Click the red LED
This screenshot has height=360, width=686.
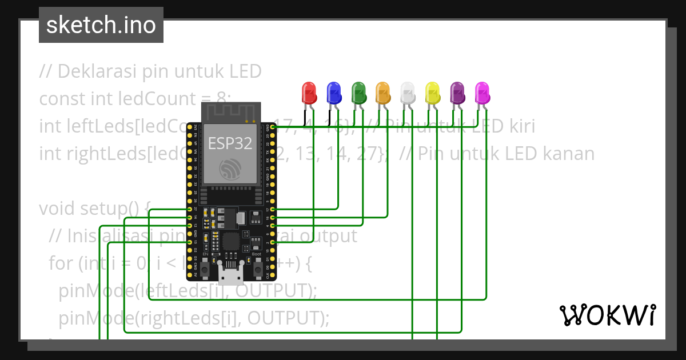309,91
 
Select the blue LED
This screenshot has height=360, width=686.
333,91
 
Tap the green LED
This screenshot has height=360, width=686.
358,91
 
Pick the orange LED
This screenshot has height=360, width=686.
382,91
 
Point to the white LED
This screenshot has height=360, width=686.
408,91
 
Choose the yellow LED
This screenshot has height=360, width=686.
432,91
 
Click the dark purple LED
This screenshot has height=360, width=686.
457,91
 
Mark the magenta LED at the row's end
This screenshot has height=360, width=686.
482,91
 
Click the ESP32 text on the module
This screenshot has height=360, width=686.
230,143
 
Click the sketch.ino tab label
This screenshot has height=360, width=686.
101,26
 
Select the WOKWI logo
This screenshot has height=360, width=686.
607,315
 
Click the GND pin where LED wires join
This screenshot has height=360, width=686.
273,128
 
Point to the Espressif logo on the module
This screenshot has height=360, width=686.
230,169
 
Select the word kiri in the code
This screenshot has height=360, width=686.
519,126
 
